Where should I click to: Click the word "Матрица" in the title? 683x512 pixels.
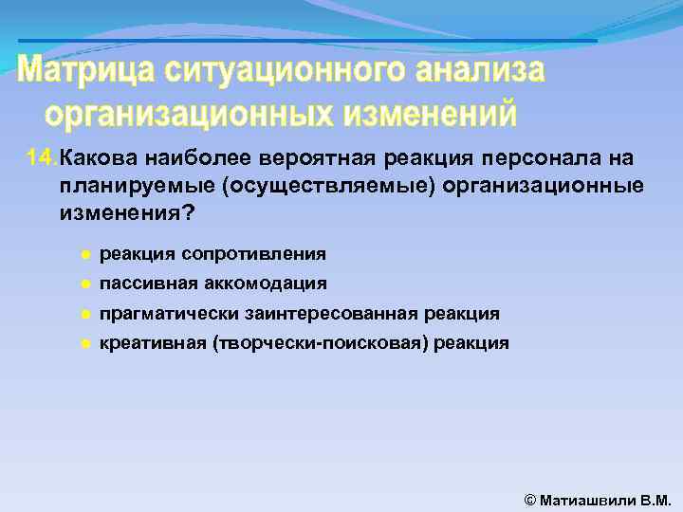[x=88, y=71]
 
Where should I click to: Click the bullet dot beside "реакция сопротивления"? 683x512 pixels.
[x=84, y=254]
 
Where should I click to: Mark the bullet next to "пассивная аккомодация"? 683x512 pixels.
[x=84, y=283]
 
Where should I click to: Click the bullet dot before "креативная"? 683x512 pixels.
[x=84, y=343]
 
